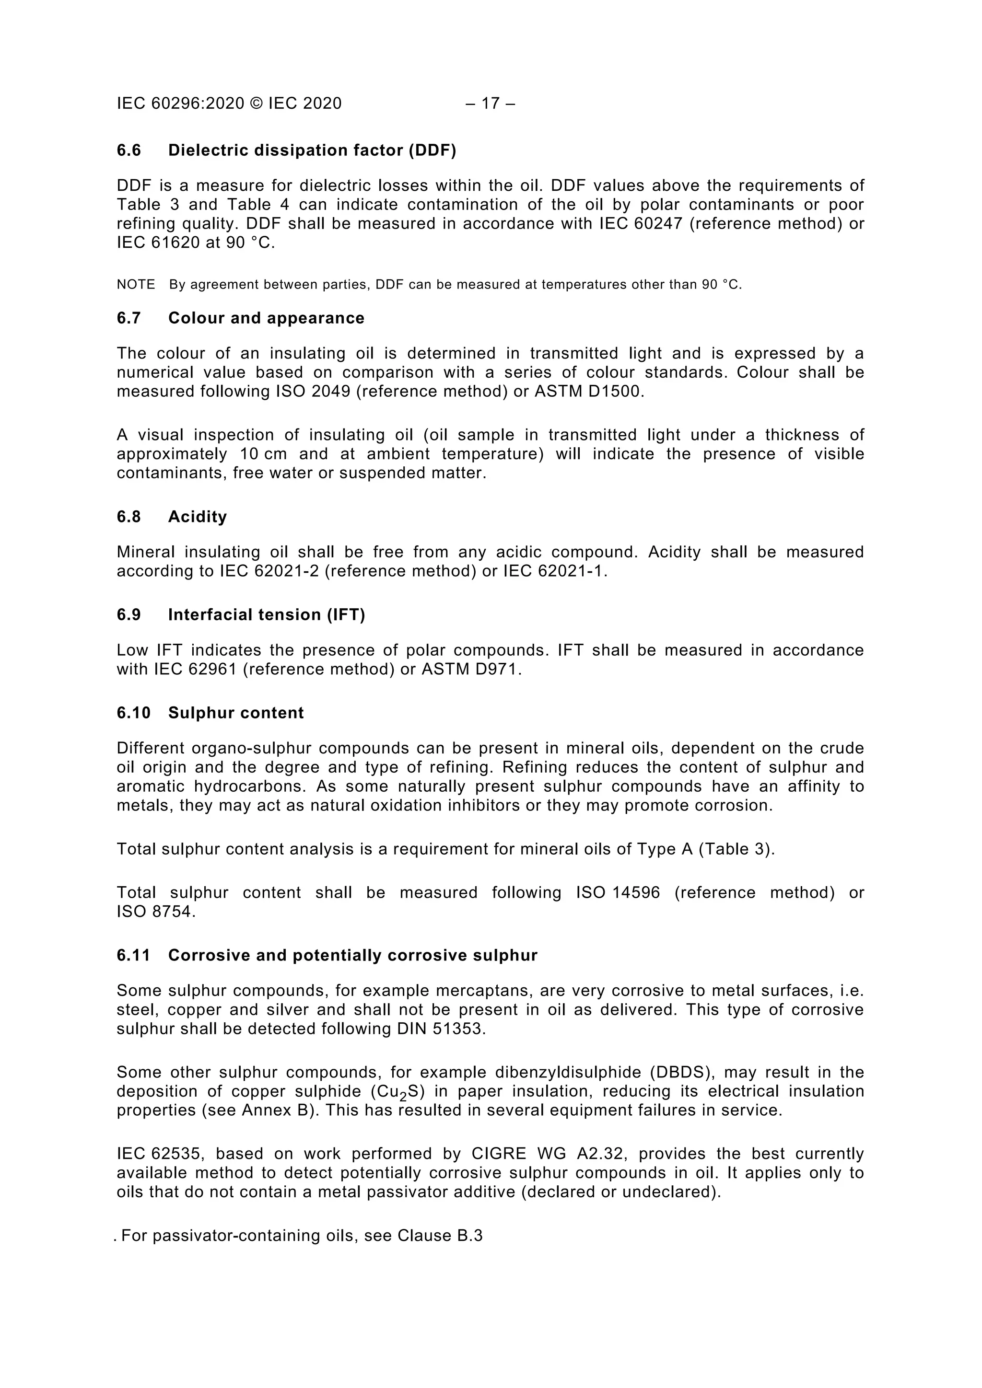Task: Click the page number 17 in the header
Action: (491, 104)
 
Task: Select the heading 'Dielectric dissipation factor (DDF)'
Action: (312, 150)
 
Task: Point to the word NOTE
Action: (136, 285)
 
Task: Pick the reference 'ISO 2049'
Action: (313, 391)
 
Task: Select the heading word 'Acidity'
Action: (198, 517)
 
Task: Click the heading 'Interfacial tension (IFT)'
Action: (267, 615)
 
